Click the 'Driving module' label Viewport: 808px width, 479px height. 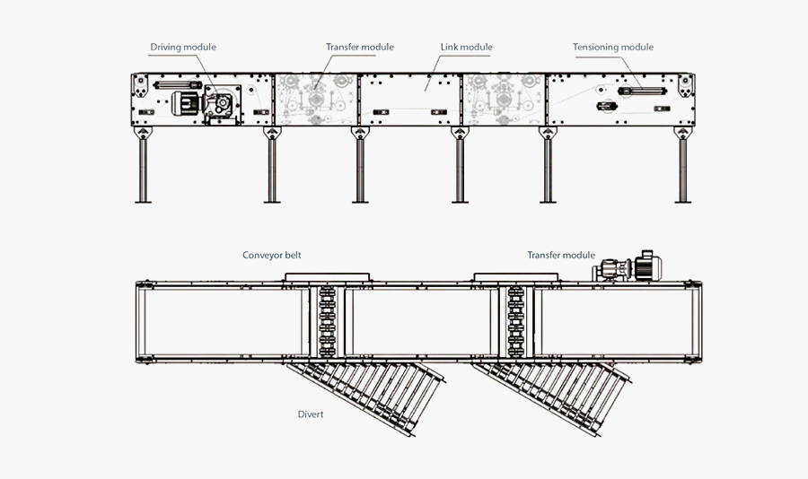[183, 47]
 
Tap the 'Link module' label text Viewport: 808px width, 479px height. [466, 47]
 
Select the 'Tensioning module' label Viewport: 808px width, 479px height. [613, 47]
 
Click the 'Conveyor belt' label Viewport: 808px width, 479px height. [272, 255]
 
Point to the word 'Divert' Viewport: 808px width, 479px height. [311, 414]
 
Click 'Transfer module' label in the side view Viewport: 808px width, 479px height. [359, 47]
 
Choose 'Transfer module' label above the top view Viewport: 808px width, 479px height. [561, 255]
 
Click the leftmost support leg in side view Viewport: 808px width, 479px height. [142, 170]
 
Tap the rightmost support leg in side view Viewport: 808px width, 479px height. [681, 170]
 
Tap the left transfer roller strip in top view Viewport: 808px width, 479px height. [327, 321]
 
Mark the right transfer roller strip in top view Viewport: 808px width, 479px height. [515, 321]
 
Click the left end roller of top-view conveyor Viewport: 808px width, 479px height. [140, 321]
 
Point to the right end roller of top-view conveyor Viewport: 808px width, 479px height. [698, 321]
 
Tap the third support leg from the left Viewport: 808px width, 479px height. [360, 170]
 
